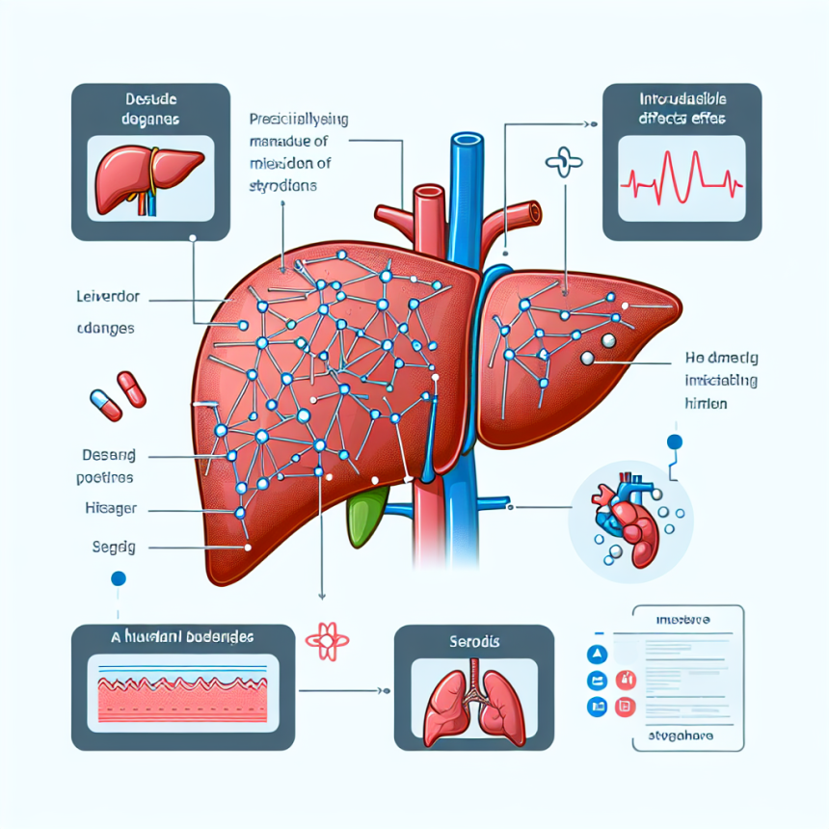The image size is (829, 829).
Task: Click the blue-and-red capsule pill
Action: click(104, 404)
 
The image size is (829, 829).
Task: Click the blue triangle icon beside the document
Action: click(595, 655)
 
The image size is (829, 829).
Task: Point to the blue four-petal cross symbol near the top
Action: click(560, 160)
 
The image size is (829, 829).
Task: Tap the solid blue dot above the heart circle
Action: click(674, 443)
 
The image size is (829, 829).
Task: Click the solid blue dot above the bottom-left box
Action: click(119, 579)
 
